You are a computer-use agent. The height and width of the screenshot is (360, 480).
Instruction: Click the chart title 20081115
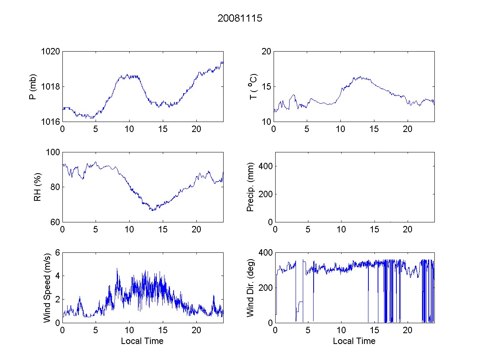[240, 18]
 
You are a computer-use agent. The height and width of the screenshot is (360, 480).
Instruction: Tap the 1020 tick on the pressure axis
[51, 52]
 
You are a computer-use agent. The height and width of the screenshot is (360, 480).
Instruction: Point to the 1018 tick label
[51, 87]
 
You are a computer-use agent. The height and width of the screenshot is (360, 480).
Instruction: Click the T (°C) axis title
[253, 87]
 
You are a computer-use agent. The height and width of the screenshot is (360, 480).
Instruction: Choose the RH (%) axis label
[38, 187]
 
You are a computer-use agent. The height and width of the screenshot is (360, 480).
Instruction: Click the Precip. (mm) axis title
[250, 187]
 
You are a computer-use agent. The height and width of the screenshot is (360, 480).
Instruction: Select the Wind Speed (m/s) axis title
[47, 287]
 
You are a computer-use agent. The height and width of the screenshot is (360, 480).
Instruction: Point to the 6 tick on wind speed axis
[58, 253]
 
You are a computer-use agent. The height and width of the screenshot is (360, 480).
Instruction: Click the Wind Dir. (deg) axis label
[250, 287]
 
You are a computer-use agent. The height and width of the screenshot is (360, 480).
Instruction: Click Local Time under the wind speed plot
[142, 341]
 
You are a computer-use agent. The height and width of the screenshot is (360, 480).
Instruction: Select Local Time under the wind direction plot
[354, 341]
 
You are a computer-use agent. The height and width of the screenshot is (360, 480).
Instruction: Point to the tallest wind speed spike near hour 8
[117, 269]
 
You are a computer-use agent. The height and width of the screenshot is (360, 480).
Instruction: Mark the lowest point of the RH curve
[152, 210]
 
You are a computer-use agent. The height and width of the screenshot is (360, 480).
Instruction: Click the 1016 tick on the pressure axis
[51, 122]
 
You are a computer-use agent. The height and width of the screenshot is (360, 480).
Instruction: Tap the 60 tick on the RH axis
[56, 222]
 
